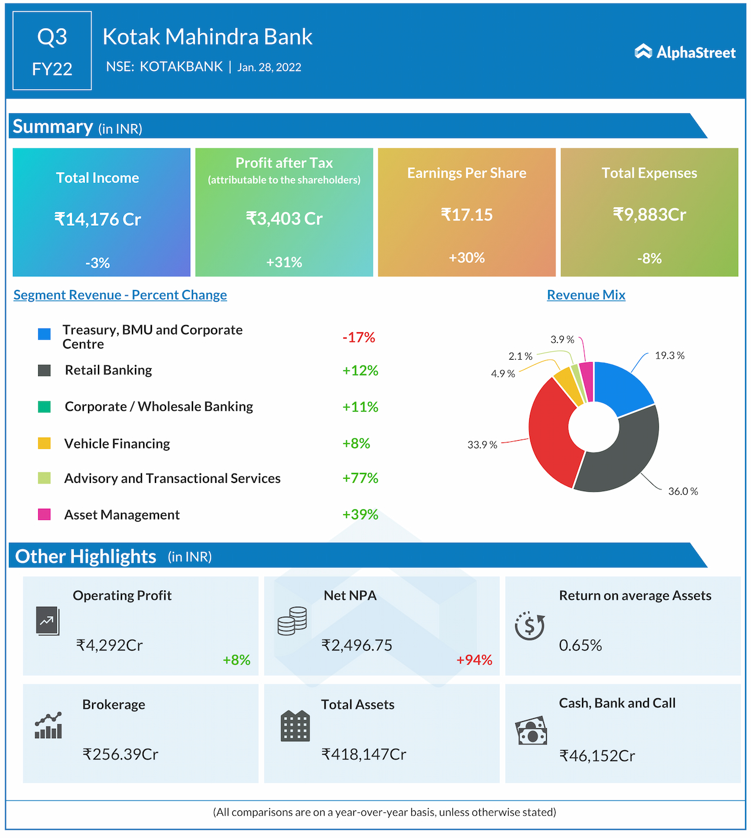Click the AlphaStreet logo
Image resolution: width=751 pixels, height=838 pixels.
point(685,52)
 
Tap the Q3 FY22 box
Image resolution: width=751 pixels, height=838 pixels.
point(52,51)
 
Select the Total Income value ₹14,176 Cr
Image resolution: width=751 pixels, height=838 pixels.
point(98,219)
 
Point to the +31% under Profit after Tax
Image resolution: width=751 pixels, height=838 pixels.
point(284,262)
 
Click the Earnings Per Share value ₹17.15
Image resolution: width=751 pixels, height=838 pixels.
point(466,215)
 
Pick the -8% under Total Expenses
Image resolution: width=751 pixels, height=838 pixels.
point(649,258)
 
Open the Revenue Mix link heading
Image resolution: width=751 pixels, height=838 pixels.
point(586,295)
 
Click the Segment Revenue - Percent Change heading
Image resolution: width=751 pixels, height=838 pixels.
point(120,295)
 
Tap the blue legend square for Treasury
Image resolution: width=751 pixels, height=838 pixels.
point(44,334)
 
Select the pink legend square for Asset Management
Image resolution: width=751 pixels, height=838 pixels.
point(44,515)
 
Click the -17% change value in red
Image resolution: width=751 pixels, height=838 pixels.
point(358,337)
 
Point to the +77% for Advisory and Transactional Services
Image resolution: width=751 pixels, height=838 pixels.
point(360,478)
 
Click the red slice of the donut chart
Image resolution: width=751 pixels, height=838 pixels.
point(552,434)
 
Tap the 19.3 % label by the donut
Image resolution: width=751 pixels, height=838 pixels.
point(669,356)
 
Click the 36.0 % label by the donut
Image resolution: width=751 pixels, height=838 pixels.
point(683,491)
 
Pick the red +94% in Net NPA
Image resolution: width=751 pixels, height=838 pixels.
point(474,660)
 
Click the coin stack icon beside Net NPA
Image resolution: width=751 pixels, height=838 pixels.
point(292,621)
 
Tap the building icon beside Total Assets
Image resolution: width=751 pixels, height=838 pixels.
point(295,726)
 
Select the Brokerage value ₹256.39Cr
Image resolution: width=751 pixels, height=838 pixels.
point(120,754)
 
